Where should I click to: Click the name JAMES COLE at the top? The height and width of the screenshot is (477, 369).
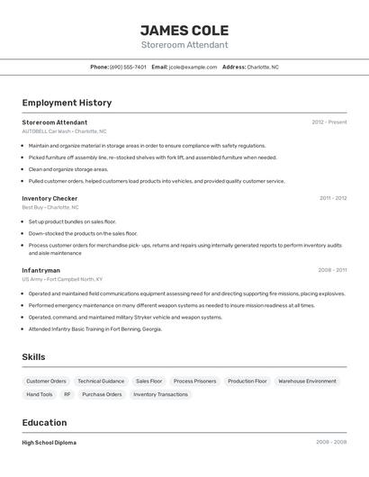[x=184, y=30]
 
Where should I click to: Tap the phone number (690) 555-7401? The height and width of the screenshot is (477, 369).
[x=128, y=67]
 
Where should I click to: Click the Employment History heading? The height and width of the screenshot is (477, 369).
[x=67, y=103]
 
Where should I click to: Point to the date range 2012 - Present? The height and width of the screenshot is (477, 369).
[x=328, y=122]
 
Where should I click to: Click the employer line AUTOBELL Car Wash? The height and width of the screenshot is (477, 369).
[x=64, y=131]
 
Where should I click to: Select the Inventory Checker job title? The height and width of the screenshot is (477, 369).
[x=49, y=198]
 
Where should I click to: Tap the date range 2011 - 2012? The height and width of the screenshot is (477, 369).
[x=332, y=198]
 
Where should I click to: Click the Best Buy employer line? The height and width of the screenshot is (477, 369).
[x=50, y=207]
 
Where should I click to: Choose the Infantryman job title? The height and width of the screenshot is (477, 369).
[x=41, y=270]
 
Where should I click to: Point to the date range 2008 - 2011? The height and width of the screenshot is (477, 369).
[x=331, y=270]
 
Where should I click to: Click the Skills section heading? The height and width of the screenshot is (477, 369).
[x=33, y=357]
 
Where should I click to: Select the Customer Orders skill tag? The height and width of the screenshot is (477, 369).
[x=46, y=381]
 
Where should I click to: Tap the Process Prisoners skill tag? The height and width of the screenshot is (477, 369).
[x=194, y=381]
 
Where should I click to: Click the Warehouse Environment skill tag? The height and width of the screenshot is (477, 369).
[x=307, y=381]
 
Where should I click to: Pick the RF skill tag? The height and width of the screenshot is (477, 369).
[x=66, y=394]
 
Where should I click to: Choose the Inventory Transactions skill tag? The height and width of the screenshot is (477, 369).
[x=160, y=394]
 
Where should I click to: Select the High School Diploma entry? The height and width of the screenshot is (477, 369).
[x=49, y=443]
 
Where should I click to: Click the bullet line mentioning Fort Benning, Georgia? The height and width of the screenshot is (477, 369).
[x=94, y=329]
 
